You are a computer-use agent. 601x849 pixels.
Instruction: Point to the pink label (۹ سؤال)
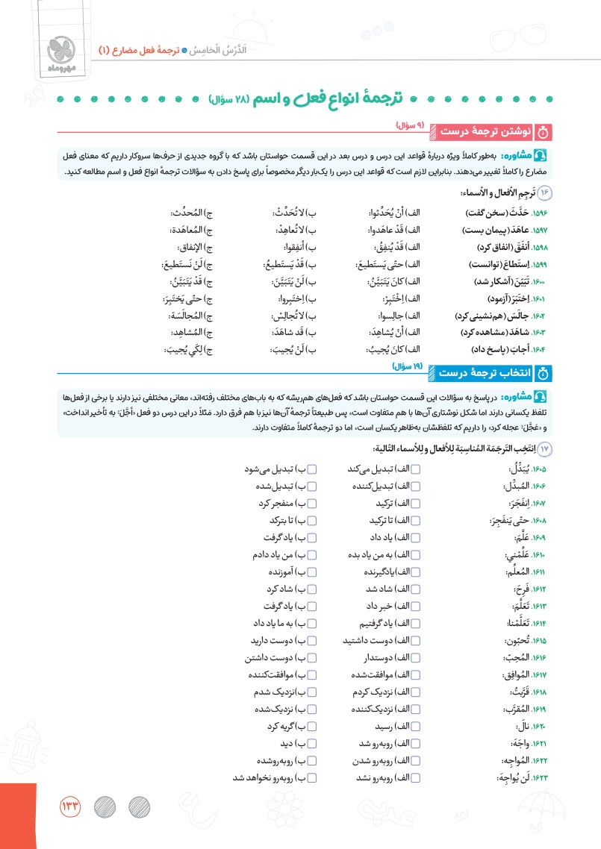point(409,125)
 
